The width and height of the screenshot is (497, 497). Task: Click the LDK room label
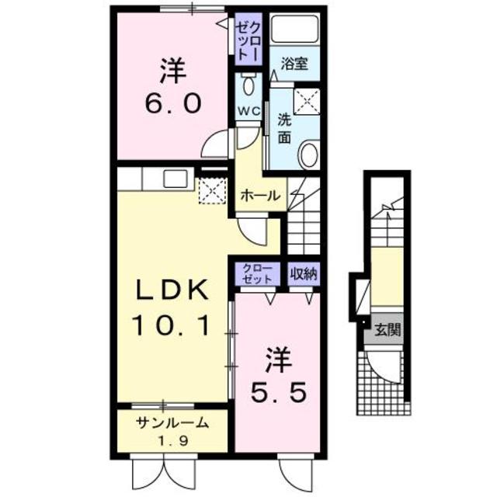coord(172,291)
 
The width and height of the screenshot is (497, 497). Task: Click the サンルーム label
coord(172,423)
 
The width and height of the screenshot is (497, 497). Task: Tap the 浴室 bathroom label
coord(294,64)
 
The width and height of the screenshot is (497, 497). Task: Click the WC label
coord(248,111)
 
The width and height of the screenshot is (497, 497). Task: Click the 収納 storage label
coord(304,273)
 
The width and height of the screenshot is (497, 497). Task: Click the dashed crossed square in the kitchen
coord(210,191)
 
